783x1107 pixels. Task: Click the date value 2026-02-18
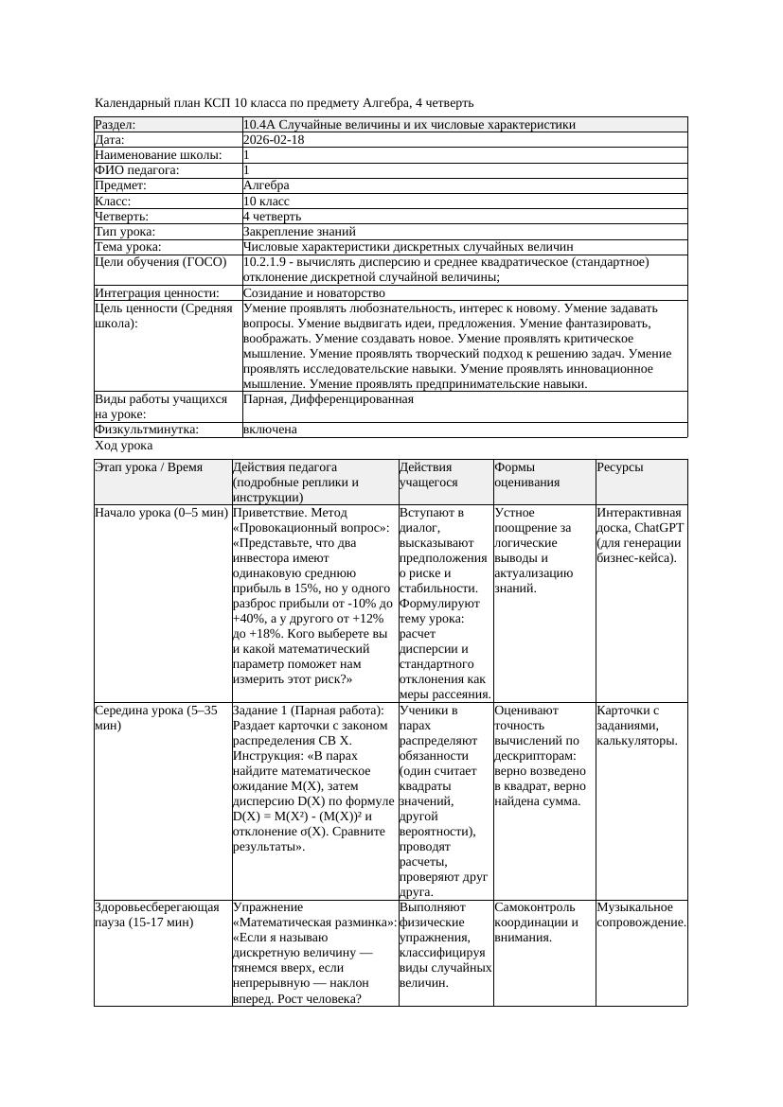coord(274,140)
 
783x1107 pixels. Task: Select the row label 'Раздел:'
coord(116,125)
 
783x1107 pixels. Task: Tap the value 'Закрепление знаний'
coord(299,231)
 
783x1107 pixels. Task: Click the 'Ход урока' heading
coord(124,445)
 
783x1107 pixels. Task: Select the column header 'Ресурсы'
coord(620,467)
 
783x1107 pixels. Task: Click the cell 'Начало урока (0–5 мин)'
coord(161,513)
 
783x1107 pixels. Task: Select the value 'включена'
coord(270,430)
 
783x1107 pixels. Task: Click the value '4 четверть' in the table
coord(272,217)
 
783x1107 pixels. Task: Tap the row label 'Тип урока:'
coord(126,231)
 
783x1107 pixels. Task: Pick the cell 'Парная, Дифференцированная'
coord(328,399)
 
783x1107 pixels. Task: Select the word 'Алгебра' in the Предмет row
coord(266,185)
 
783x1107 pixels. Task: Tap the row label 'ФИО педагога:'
coord(137,170)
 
